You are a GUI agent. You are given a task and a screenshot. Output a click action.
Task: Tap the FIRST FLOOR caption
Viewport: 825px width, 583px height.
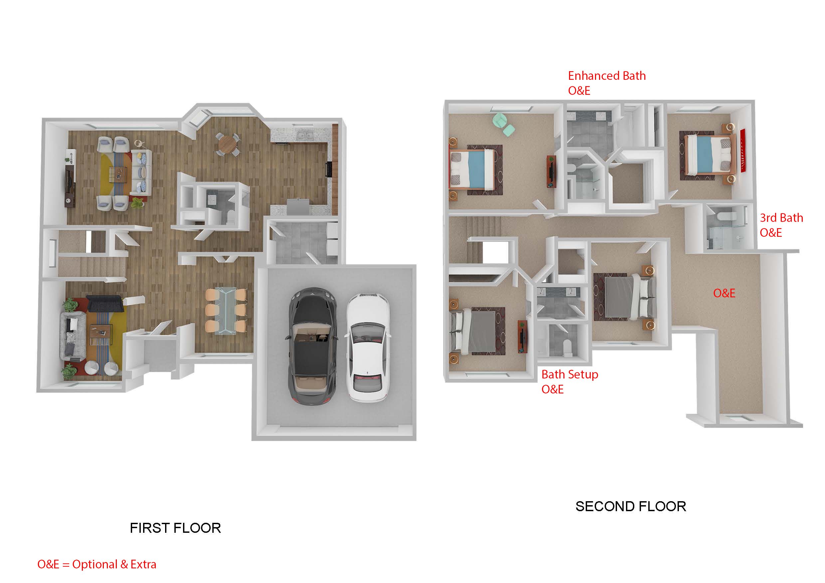pos(175,528)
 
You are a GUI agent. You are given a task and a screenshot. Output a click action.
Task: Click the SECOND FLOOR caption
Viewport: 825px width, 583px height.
pos(631,507)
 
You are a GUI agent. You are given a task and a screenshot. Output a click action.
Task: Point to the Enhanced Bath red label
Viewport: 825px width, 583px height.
pos(607,76)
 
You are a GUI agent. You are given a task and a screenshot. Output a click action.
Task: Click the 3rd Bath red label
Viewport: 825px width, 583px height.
pos(781,218)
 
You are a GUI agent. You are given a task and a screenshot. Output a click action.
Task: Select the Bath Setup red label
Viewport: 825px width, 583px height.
pos(569,374)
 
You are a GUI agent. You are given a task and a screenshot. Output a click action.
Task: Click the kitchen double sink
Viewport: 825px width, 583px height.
pos(305,136)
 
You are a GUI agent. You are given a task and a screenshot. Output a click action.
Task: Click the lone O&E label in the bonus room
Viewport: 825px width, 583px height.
pos(724,293)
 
